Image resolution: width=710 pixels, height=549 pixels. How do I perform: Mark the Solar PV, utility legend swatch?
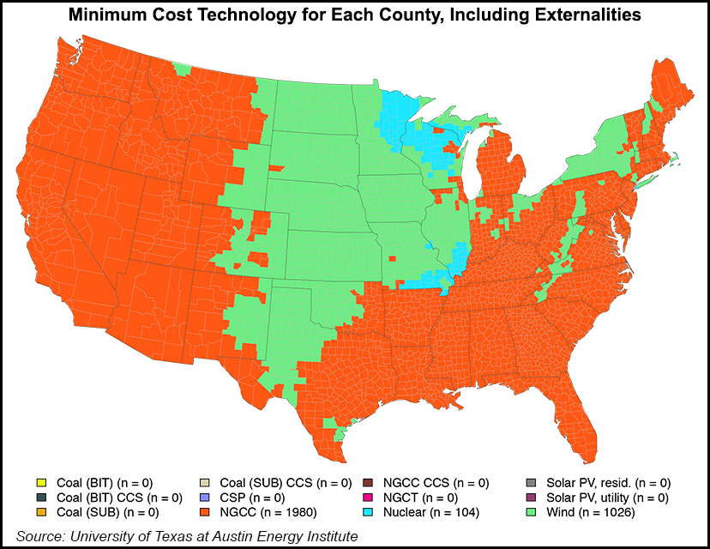pos(531,498)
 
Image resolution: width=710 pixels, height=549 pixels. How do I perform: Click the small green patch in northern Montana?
pos(181,68)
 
